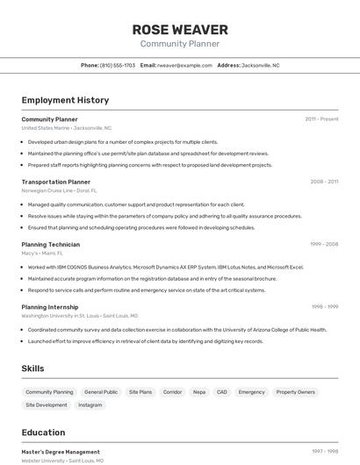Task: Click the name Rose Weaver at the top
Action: coord(180,30)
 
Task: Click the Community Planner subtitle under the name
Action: coord(180,44)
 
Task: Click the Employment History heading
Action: coord(65,100)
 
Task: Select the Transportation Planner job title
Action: coord(56,182)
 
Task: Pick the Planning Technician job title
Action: coord(51,245)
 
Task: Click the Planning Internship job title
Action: coord(51,307)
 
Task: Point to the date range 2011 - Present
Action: coord(321,119)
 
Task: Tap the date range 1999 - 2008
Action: coord(324,245)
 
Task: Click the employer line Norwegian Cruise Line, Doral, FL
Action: coord(60,190)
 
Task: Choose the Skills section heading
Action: coord(33,368)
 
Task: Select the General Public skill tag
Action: coord(101,392)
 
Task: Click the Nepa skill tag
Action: coord(199,392)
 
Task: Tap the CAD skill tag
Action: coord(222,392)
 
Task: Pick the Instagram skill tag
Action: coord(90,405)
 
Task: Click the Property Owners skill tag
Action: coord(296,392)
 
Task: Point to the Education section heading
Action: coord(44,433)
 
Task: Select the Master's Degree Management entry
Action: coord(61,452)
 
